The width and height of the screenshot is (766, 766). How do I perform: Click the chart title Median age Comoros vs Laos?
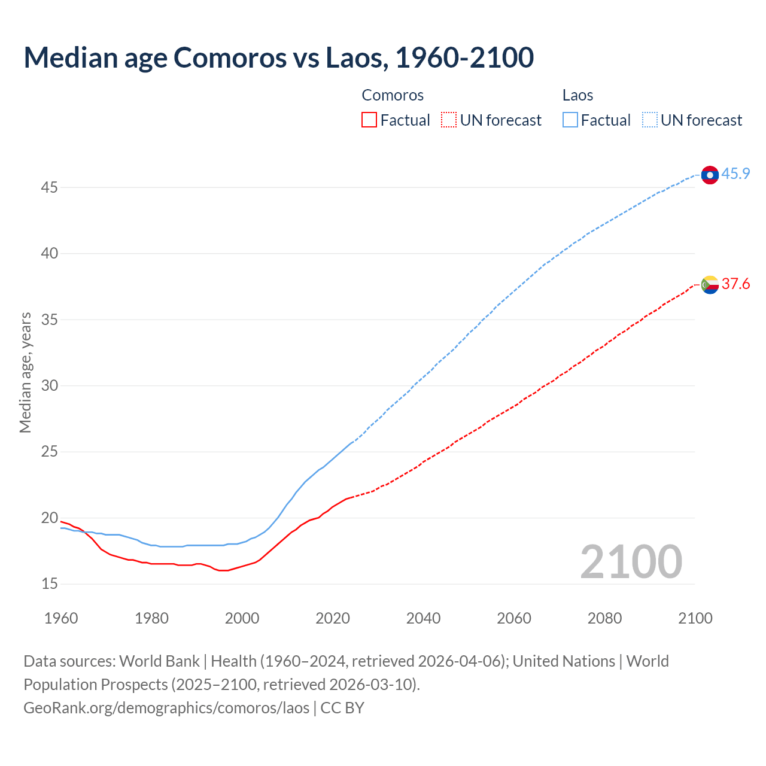pyautogui.click(x=278, y=58)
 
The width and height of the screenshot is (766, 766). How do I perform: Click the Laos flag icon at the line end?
pyautogui.click(x=709, y=175)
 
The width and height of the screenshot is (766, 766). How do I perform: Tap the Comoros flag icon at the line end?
pyautogui.click(x=709, y=284)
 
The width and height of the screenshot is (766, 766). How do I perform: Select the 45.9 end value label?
pyautogui.click(x=735, y=174)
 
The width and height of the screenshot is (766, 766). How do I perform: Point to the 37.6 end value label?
pyautogui.click(x=735, y=284)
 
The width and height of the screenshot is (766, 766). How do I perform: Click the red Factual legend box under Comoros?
pyautogui.click(x=369, y=120)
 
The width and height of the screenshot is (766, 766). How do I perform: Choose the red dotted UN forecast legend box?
pyautogui.click(x=449, y=120)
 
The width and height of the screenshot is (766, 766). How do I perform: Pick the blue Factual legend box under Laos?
pyautogui.click(x=570, y=120)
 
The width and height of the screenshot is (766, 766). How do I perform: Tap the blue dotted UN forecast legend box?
pyautogui.click(x=649, y=120)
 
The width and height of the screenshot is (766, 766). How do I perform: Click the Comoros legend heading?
pyautogui.click(x=393, y=95)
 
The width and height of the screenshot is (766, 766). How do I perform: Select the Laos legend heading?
pyautogui.click(x=577, y=95)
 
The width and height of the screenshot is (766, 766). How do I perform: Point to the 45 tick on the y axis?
pyautogui.click(x=50, y=187)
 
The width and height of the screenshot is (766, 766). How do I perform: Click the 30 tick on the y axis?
pyautogui.click(x=50, y=385)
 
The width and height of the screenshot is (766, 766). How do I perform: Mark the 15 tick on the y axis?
pyautogui.click(x=50, y=583)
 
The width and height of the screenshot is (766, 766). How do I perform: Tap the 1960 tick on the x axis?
pyautogui.click(x=61, y=618)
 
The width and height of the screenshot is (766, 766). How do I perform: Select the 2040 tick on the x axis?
pyautogui.click(x=423, y=618)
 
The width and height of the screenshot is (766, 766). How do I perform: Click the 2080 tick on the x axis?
pyautogui.click(x=604, y=618)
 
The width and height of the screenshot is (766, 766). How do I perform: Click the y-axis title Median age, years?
pyautogui.click(x=25, y=372)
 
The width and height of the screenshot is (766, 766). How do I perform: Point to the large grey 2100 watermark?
pyautogui.click(x=631, y=562)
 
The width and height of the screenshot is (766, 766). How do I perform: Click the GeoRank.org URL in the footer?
pyautogui.click(x=166, y=707)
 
